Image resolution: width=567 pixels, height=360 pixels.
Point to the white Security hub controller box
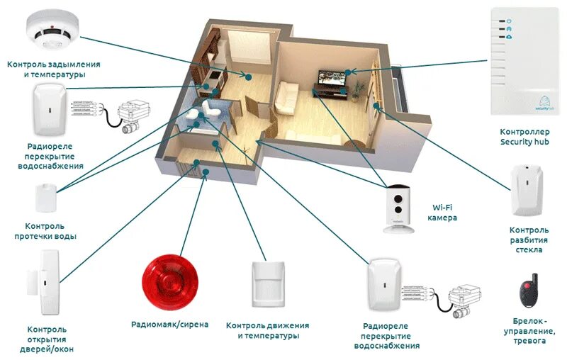[x=524, y=62]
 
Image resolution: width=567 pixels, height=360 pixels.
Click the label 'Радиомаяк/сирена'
[x=170, y=325]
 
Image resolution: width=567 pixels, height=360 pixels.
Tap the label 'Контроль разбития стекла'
[x=528, y=240]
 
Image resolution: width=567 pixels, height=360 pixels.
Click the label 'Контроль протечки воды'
[x=46, y=231]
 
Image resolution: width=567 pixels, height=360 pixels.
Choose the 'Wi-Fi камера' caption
[x=442, y=213]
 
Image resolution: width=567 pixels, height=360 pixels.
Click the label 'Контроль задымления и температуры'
[x=54, y=69]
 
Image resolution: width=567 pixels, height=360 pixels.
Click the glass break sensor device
[x=524, y=191]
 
